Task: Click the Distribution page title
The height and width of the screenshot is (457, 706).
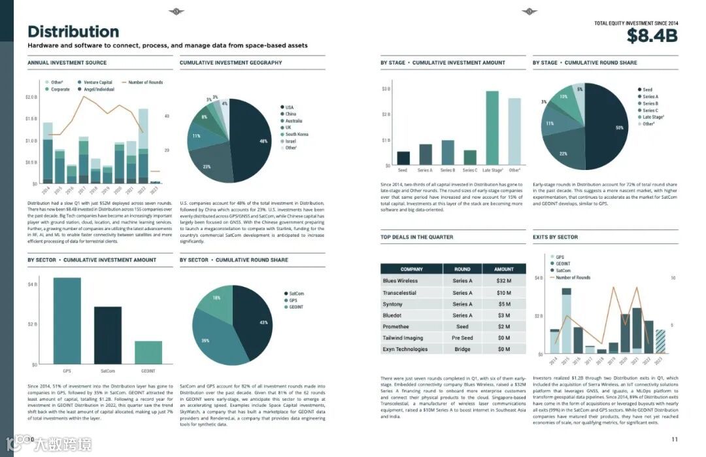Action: click(x=73, y=31)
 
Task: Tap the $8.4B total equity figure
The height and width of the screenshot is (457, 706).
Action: click(x=652, y=36)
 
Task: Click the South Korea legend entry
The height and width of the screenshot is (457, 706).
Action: click(x=296, y=134)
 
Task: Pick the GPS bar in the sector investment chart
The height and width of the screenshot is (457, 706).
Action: click(x=67, y=320)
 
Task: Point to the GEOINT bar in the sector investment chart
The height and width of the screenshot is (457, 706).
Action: click(x=148, y=352)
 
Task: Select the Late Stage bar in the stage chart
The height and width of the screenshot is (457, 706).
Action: click(x=492, y=127)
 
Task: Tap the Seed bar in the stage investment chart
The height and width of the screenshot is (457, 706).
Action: click(x=403, y=158)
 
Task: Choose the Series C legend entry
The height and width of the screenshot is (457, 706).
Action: click(x=650, y=110)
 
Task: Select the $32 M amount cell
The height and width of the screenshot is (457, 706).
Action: click(x=503, y=280)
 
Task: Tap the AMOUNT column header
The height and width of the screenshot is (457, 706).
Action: click(x=503, y=269)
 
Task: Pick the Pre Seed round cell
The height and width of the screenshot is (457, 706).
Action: click(x=462, y=338)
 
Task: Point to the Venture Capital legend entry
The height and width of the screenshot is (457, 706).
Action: click(x=97, y=82)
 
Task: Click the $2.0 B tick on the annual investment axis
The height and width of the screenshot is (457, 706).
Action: click(x=31, y=97)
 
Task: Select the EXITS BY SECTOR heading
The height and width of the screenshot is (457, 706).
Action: click(x=555, y=237)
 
